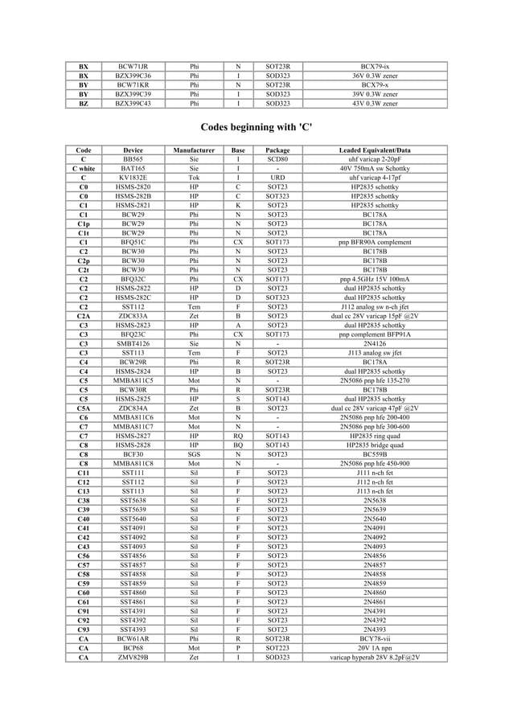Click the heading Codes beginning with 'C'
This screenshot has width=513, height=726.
[256, 128]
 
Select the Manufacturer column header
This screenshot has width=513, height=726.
[193, 150]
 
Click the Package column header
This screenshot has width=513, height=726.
[277, 150]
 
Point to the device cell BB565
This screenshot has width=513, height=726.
[133, 159]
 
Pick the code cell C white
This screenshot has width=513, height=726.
[84, 169]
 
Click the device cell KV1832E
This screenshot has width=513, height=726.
[133, 178]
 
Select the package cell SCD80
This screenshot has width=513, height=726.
[277, 159]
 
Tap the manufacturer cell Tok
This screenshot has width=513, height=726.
[193, 178]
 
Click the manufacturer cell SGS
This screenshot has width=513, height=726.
[193, 454]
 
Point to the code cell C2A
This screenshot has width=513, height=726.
[84, 316]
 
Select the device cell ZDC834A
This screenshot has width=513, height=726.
[133, 408]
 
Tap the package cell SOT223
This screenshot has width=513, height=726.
[277, 648]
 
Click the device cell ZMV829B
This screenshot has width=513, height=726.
[133, 657]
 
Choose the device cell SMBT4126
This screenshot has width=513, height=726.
[133, 343]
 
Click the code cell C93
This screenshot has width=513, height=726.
[84, 629]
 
